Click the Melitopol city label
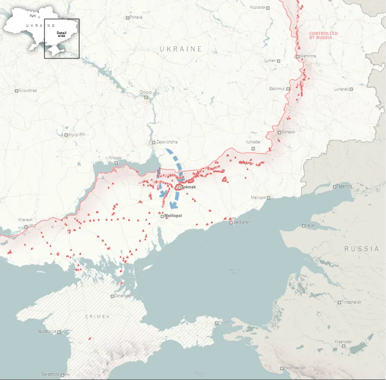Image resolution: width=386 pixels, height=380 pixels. click(x=173, y=216)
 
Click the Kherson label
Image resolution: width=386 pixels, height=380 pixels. click(x=25, y=220)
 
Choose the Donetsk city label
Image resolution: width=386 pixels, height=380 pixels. click(x=288, y=132)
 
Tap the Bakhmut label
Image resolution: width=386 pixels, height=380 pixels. click(x=276, y=89)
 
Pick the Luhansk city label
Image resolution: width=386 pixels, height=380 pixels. click(x=341, y=89)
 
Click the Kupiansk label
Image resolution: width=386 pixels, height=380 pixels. click(x=258, y=8)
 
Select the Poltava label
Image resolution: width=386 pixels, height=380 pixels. click(x=136, y=17)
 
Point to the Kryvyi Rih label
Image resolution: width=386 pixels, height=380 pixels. click(x=76, y=135)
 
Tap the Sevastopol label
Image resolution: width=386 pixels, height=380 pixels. click(x=50, y=374)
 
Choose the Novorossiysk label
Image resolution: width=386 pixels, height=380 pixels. click(x=295, y=368)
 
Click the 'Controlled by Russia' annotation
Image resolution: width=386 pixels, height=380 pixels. click(x=323, y=35)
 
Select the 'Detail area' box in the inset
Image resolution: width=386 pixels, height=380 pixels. click(x=61, y=38)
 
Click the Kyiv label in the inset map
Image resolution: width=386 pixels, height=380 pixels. click(x=33, y=16)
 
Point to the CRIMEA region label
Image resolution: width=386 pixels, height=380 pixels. click(x=97, y=316)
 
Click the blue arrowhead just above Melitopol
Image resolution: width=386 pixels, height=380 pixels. click(x=173, y=205)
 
